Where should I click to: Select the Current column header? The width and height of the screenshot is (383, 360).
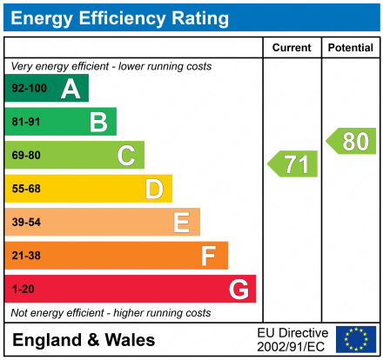pos(292,48)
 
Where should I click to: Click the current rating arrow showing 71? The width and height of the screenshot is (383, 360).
pos(293,163)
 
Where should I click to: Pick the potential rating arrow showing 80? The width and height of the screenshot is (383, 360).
pos(352,141)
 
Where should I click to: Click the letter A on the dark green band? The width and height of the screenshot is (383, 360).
pos(71,89)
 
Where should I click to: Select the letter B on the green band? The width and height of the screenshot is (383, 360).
pos(98,122)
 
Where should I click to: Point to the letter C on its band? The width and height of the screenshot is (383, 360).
pos(126,156)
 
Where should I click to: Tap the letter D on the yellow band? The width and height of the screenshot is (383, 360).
pos(154,189)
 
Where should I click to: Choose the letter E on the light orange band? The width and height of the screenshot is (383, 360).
pos(181,223)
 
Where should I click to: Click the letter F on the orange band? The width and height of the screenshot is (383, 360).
pos(209,256)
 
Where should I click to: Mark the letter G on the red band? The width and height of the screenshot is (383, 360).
pos(238,289)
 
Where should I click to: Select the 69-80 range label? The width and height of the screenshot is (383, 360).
pos(26,156)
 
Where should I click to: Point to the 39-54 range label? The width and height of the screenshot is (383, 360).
pos(26,223)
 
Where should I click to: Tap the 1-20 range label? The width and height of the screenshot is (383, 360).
pos(23,289)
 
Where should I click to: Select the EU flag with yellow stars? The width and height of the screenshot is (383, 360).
pos(356,339)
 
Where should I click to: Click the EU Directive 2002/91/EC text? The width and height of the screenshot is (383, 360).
pos(293,339)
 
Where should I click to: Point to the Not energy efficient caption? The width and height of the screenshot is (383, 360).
pos(110,312)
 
